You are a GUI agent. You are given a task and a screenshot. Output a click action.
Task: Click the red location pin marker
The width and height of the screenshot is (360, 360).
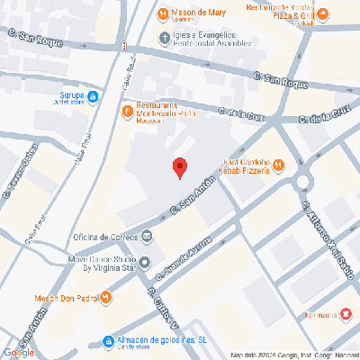click(179, 167)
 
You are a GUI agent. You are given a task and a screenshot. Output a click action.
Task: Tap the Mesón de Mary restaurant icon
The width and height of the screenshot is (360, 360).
click(163, 13)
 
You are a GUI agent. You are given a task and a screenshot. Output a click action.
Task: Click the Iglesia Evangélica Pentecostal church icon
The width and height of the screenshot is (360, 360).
click(164, 38)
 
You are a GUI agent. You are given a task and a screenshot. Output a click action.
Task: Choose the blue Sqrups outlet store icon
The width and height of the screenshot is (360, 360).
click(93, 95)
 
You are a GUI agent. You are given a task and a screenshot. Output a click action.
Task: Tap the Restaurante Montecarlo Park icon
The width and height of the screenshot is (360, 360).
click(128, 110)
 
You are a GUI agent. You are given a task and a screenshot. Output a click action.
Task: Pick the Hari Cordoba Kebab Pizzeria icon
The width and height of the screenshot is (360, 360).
click(279, 165)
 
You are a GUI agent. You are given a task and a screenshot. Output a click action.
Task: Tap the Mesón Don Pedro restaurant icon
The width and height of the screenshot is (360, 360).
click(107, 297)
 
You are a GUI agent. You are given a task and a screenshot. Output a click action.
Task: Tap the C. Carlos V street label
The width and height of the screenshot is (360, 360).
click(163, 310)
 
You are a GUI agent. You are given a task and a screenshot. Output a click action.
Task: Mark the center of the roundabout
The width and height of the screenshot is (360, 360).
click(302, 184)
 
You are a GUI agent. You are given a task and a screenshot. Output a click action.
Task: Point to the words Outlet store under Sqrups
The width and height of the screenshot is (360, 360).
click(65, 101)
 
